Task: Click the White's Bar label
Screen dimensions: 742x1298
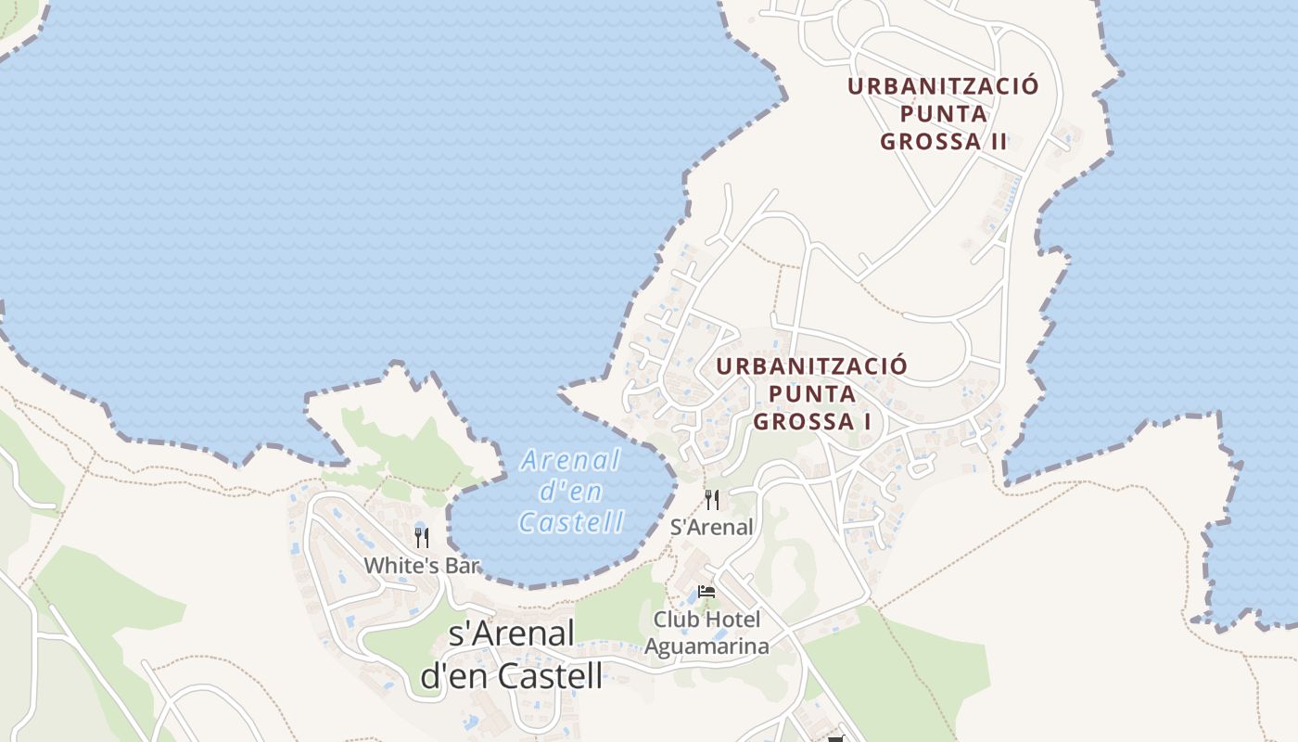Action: (421, 566)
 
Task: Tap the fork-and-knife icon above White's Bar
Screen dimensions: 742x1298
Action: (422, 538)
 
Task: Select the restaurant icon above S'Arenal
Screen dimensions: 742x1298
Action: (711, 500)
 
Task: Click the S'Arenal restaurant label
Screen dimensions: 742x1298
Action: (711, 528)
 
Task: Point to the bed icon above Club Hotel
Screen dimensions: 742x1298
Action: (706, 592)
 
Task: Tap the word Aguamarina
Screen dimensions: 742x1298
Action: (706, 646)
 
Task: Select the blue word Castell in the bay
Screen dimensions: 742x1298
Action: (571, 523)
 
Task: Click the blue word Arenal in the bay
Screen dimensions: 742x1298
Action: (570, 460)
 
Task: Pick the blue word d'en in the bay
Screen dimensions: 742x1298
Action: (570, 492)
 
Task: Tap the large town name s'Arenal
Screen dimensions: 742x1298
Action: (512, 633)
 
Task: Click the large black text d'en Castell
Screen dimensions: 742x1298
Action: (512, 675)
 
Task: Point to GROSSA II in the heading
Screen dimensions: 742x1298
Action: (943, 142)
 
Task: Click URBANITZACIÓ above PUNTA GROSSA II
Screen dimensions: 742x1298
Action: (943, 86)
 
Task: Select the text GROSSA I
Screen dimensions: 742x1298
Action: (811, 422)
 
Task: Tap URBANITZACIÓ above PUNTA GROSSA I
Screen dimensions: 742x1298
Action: (811, 365)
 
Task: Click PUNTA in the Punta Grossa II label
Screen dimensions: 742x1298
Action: (943, 114)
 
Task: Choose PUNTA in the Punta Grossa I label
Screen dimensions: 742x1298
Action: (811, 394)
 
